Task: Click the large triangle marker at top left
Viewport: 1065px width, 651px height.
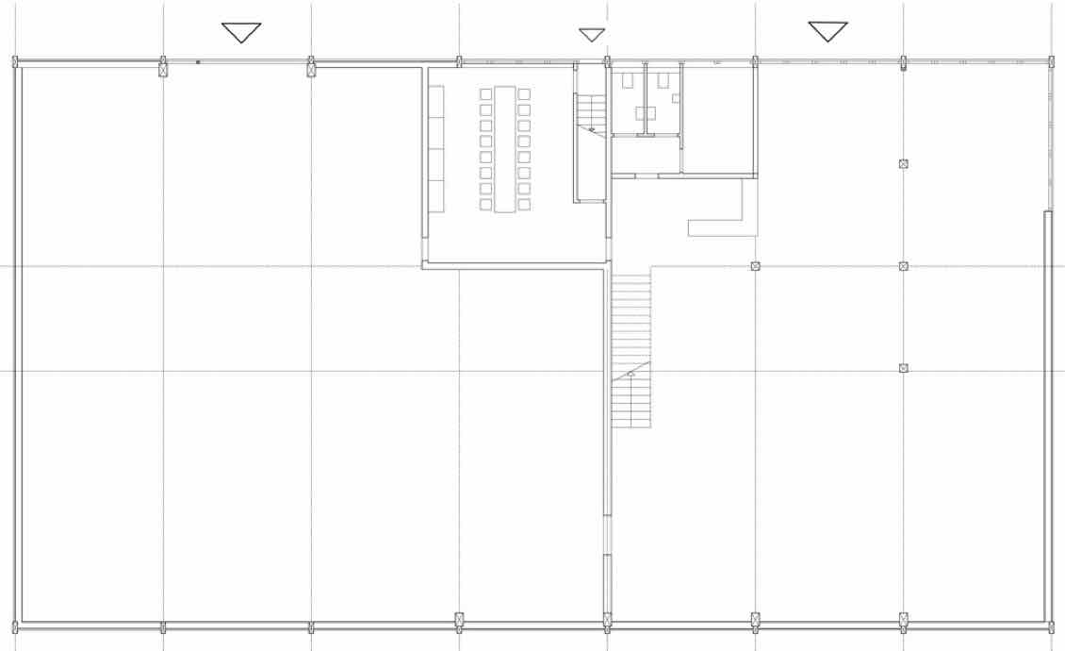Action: pos(241,31)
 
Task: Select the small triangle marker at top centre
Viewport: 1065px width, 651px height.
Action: pos(592,34)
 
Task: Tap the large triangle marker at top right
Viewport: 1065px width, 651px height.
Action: pos(827,30)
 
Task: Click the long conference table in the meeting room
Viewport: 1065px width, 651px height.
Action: pos(505,149)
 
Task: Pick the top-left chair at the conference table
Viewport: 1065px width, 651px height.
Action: pos(485,94)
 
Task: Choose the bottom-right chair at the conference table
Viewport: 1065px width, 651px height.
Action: pos(524,204)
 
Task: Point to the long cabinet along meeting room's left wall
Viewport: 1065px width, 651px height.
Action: pos(436,148)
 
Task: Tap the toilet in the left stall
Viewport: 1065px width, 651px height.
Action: pos(628,80)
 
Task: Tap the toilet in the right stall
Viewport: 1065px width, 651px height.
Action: pos(664,80)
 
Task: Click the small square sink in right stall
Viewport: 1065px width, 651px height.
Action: pos(676,97)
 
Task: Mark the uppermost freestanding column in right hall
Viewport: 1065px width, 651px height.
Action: pos(904,164)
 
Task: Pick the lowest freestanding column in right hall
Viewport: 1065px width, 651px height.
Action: pos(904,368)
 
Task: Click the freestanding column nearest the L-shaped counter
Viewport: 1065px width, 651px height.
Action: pos(755,266)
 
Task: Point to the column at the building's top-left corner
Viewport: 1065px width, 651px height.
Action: pos(15,63)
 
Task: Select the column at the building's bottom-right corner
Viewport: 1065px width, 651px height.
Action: pos(1052,626)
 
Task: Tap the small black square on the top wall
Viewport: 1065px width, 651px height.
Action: pos(198,62)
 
